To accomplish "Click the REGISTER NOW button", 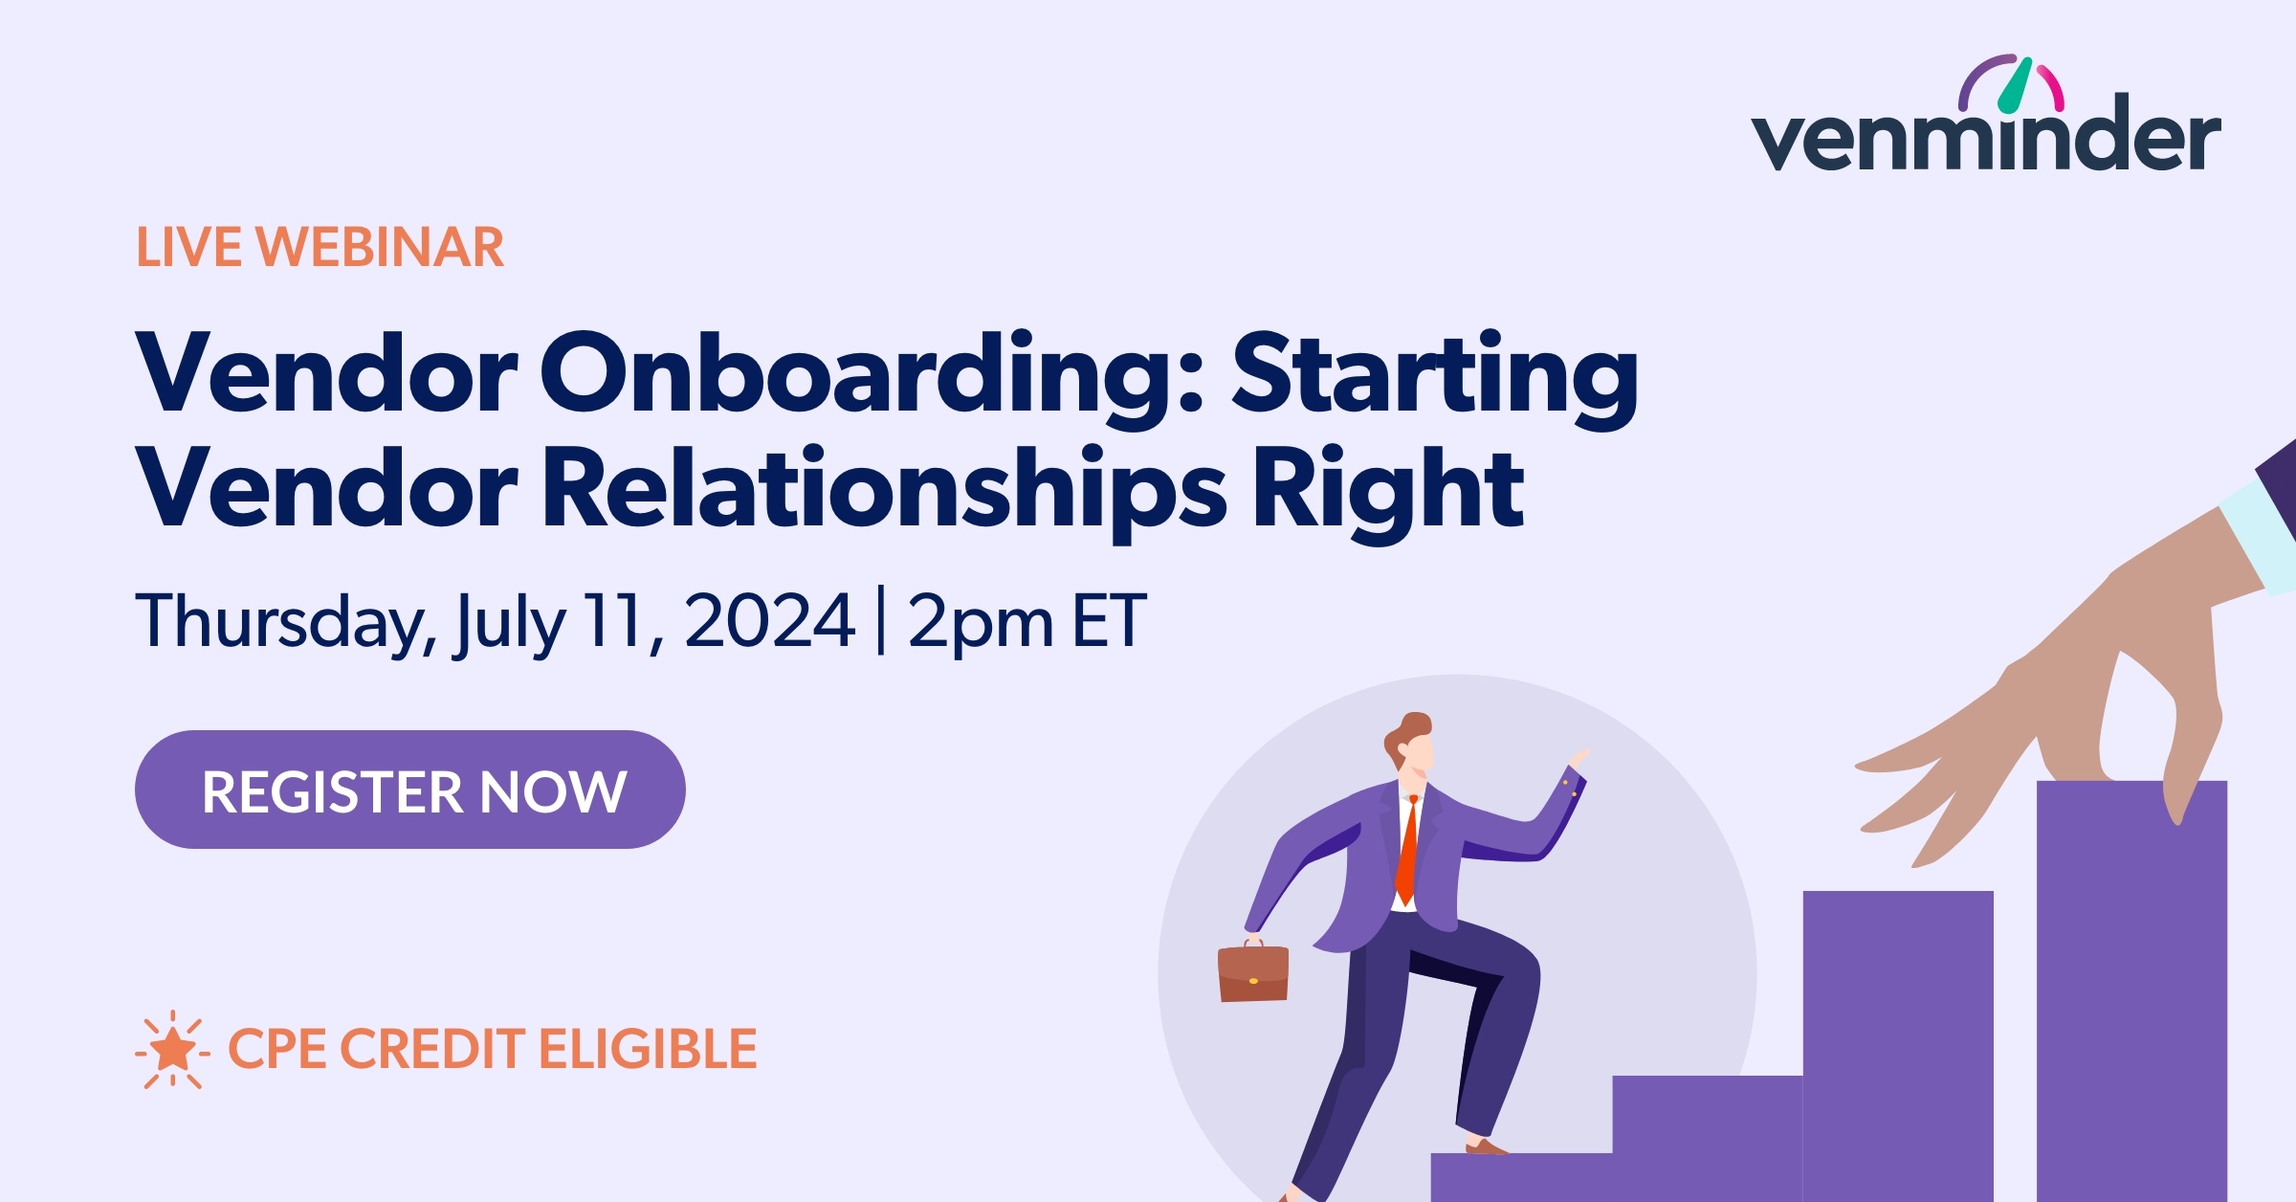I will (409, 790).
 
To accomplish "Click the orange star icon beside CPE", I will (173, 1050).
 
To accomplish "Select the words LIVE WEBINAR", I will (320, 248).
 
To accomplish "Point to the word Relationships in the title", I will (884, 490).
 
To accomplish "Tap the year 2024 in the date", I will (769, 622).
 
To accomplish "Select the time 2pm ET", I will (1026, 622).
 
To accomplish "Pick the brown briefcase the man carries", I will (1252, 972).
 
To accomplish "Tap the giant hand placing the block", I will (2105, 689).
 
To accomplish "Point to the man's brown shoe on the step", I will (1484, 1146).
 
